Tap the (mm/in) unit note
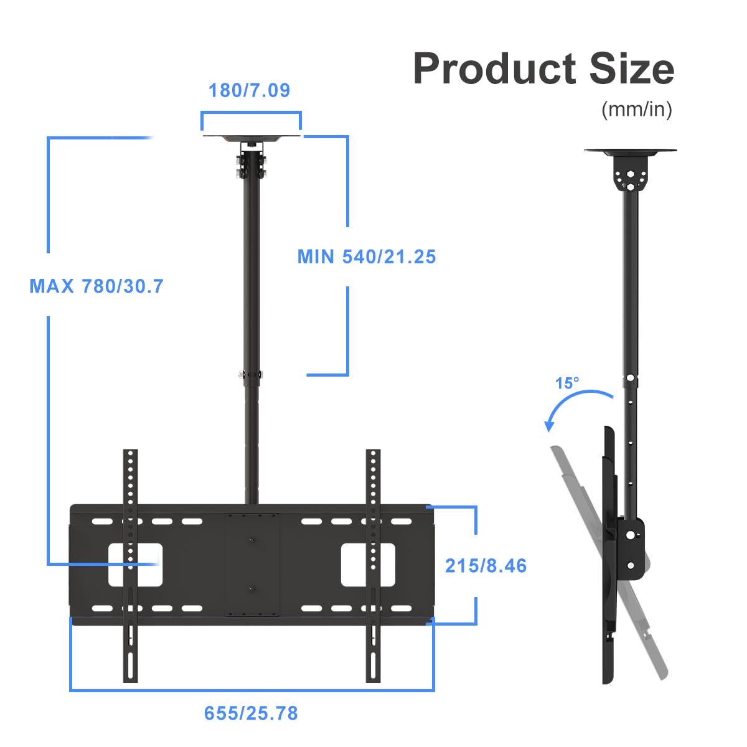pos(636,110)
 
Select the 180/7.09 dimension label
pos(249,91)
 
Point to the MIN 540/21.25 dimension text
pos(367,256)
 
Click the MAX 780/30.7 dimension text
pos(96,286)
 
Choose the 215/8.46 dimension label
pos(486,566)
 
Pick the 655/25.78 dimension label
pos(251,713)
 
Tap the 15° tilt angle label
pos(567,383)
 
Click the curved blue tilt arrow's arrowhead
pos(549,426)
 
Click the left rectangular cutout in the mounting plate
pos(136,565)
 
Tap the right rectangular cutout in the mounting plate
pos(367,565)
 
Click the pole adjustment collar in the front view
pos(251,375)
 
